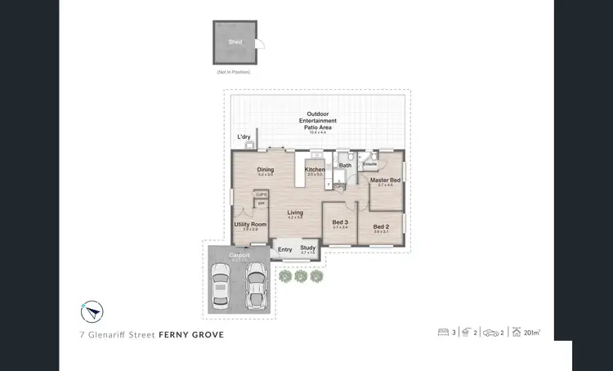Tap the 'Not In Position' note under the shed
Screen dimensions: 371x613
point(234,73)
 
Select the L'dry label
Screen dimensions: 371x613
point(244,137)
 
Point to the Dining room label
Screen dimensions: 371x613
point(265,170)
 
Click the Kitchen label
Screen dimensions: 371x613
point(315,170)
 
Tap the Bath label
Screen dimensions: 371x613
point(345,165)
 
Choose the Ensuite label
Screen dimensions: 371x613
point(369,164)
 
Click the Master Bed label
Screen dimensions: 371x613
point(385,180)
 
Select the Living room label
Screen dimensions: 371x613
point(295,213)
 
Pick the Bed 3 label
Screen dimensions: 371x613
point(341,222)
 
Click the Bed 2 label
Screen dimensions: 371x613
point(382,227)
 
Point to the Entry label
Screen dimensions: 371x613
point(285,249)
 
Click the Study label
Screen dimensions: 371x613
point(307,248)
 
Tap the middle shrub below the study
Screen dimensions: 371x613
point(301,277)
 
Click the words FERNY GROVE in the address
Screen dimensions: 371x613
point(190,334)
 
